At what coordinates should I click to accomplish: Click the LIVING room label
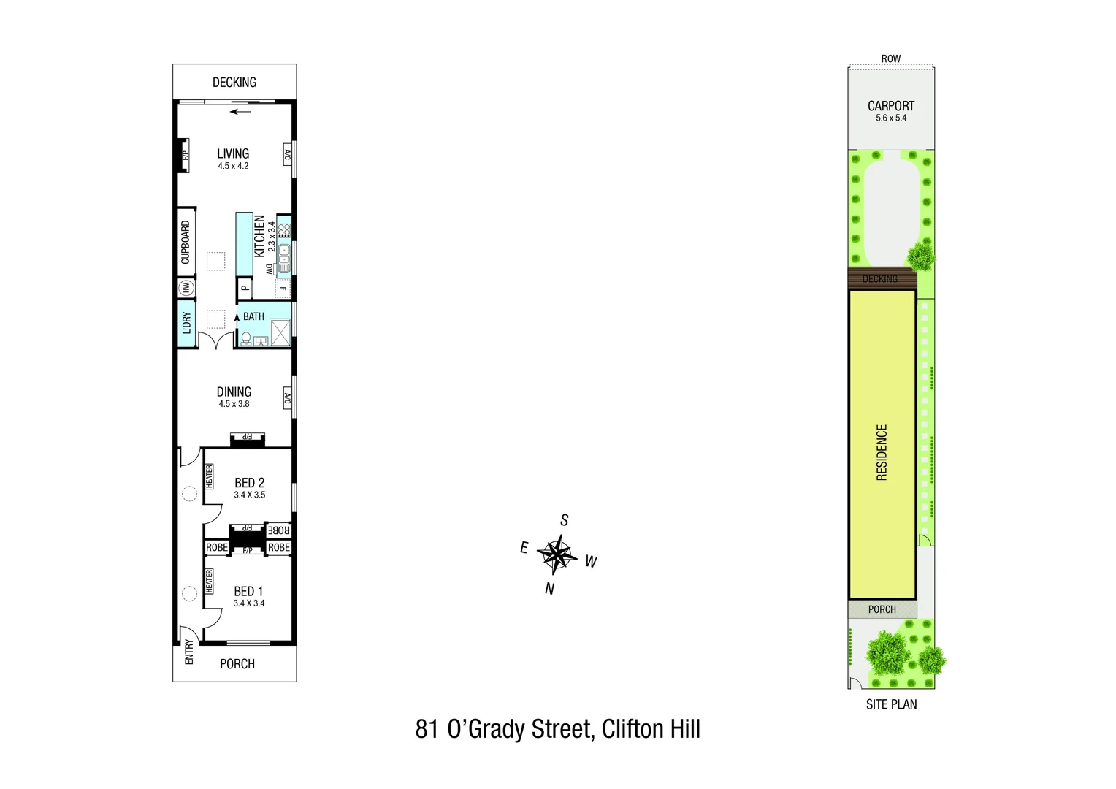[233, 154]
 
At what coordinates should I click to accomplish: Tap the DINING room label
[234, 392]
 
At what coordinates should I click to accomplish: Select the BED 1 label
[248, 592]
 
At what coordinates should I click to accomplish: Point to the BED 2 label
[249, 483]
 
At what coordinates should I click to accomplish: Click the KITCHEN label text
[259, 236]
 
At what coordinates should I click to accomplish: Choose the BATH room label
[253, 316]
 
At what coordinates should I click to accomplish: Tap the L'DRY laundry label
[186, 324]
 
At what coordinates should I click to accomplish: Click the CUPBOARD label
[186, 243]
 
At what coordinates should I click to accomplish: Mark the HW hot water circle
[186, 289]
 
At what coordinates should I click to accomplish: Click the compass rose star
[557, 554]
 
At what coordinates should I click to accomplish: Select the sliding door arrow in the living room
[240, 112]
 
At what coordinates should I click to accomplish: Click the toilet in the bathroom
[246, 339]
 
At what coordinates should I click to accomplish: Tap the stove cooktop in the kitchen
[284, 230]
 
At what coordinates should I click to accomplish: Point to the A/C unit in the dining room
[287, 400]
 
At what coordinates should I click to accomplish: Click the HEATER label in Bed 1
[210, 582]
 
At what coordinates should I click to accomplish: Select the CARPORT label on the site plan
[890, 106]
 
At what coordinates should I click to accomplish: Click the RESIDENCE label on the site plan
[882, 452]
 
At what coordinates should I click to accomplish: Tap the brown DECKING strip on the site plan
[881, 278]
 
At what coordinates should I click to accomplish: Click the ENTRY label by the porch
[189, 652]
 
